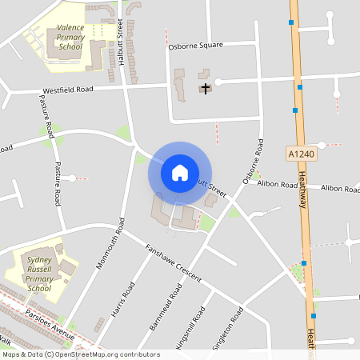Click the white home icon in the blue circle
(x=180, y=172)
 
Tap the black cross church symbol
(x=206, y=87)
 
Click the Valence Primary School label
(x=70, y=37)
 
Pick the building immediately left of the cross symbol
(x=180, y=83)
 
